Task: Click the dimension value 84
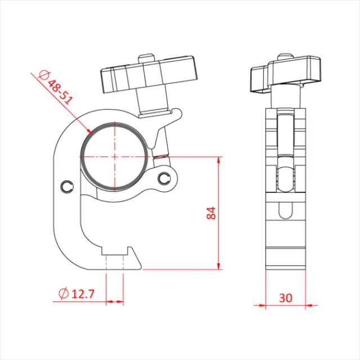click(x=211, y=213)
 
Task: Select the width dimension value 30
click(x=286, y=298)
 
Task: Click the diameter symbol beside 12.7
click(x=64, y=293)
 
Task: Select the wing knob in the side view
click(x=286, y=76)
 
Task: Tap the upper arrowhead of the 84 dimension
click(x=218, y=160)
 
